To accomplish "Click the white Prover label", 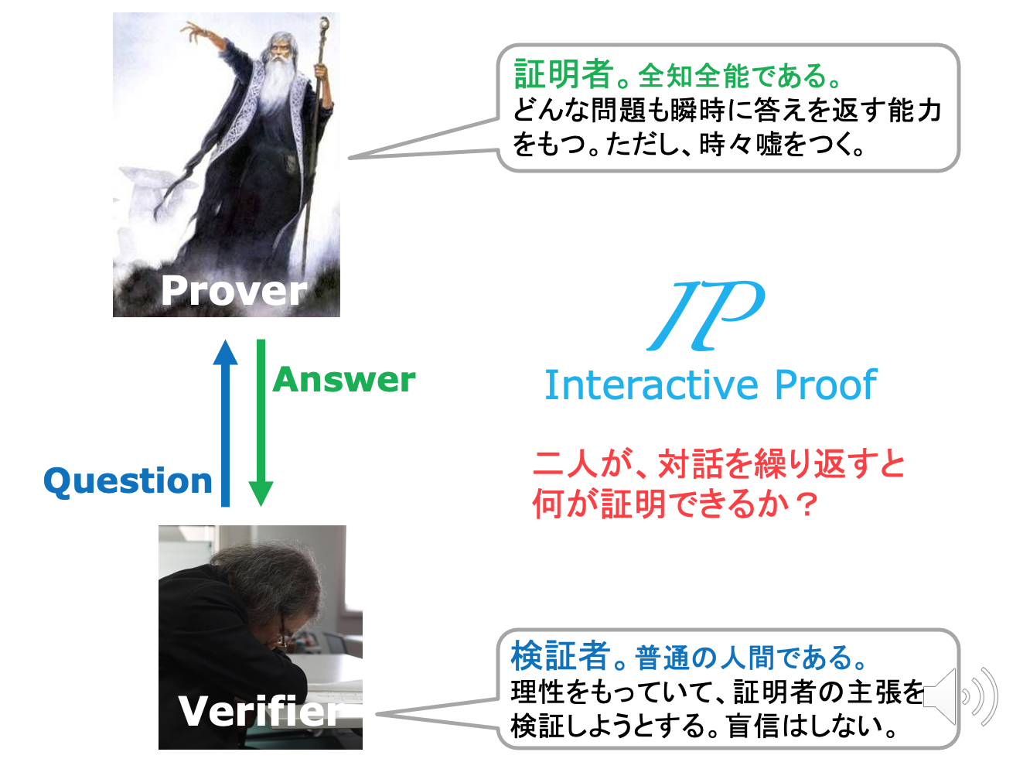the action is (234, 291).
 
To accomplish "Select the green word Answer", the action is (344, 379).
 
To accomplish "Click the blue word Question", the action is (128, 481).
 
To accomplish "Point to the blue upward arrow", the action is (225, 423).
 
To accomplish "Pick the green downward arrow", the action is (261, 423).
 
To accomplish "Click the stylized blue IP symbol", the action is (705, 316).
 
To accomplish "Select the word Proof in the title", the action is (826, 385).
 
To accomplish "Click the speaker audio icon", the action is (960, 696).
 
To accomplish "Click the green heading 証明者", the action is (564, 74).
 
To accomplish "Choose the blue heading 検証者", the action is (561, 656).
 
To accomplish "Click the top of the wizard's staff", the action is (324, 22).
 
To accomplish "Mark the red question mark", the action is (807, 504).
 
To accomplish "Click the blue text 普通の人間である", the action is (742, 658).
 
